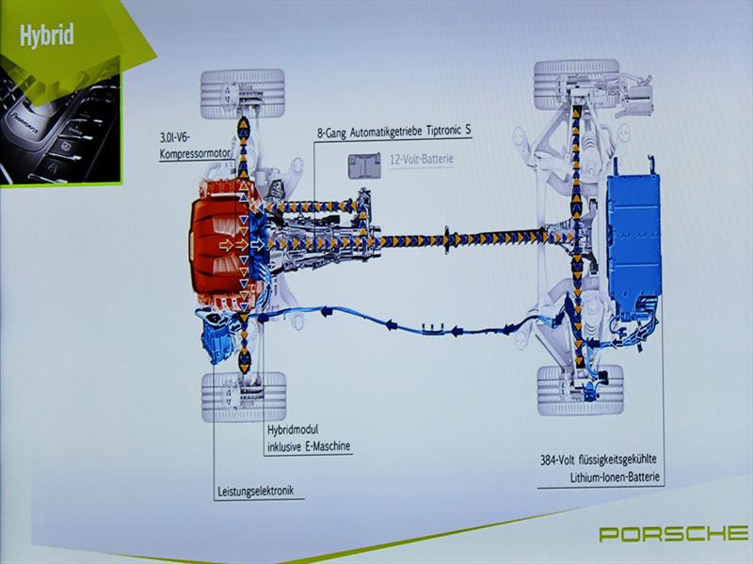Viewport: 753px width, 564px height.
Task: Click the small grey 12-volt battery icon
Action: point(362,165)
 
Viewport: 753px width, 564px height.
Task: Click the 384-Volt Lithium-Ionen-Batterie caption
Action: point(603,470)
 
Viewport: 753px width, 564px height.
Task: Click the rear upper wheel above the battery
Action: point(576,83)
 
